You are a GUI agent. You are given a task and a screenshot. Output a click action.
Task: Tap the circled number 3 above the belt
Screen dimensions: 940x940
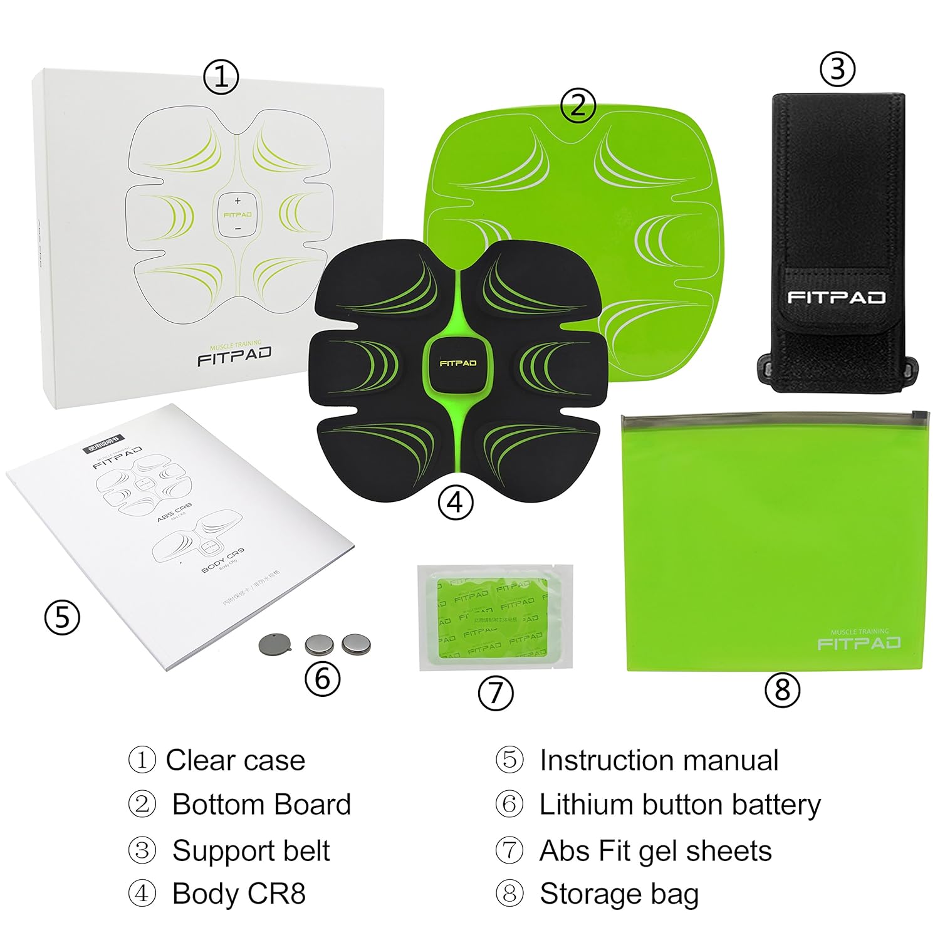[837, 69]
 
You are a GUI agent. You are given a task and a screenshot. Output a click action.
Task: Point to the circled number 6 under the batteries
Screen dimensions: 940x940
[322, 679]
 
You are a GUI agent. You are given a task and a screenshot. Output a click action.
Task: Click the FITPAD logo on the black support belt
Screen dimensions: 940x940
[836, 297]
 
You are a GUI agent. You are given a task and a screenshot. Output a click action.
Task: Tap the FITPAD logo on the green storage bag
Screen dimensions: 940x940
[859, 643]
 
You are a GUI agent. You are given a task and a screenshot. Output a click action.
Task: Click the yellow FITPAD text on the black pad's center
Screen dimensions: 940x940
[457, 363]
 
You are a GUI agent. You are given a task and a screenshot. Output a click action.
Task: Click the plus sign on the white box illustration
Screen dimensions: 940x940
[238, 201]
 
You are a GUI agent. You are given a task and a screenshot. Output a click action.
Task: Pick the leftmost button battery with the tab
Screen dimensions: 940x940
[272, 643]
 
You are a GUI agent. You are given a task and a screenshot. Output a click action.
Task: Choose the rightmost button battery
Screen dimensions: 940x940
[356, 644]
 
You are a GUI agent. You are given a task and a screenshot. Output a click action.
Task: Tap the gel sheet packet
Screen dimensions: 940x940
[495, 618]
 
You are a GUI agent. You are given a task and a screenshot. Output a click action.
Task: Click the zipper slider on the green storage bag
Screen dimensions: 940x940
[919, 415]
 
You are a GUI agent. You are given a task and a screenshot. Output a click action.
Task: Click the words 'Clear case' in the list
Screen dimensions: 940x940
[235, 760]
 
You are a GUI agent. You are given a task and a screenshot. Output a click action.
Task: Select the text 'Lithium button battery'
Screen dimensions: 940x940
[680, 805]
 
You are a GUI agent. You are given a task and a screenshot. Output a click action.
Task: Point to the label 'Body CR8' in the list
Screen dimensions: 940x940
[239, 894]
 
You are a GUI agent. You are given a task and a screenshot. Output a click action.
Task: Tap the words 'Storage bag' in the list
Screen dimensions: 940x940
[619, 894]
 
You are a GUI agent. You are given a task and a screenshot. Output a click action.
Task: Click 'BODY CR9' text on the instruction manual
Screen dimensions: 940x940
[222, 561]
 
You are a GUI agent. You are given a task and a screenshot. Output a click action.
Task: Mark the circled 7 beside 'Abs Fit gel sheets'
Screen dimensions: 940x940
[509, 850]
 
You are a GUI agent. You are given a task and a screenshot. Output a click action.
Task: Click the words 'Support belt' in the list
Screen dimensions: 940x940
[251, 850]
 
